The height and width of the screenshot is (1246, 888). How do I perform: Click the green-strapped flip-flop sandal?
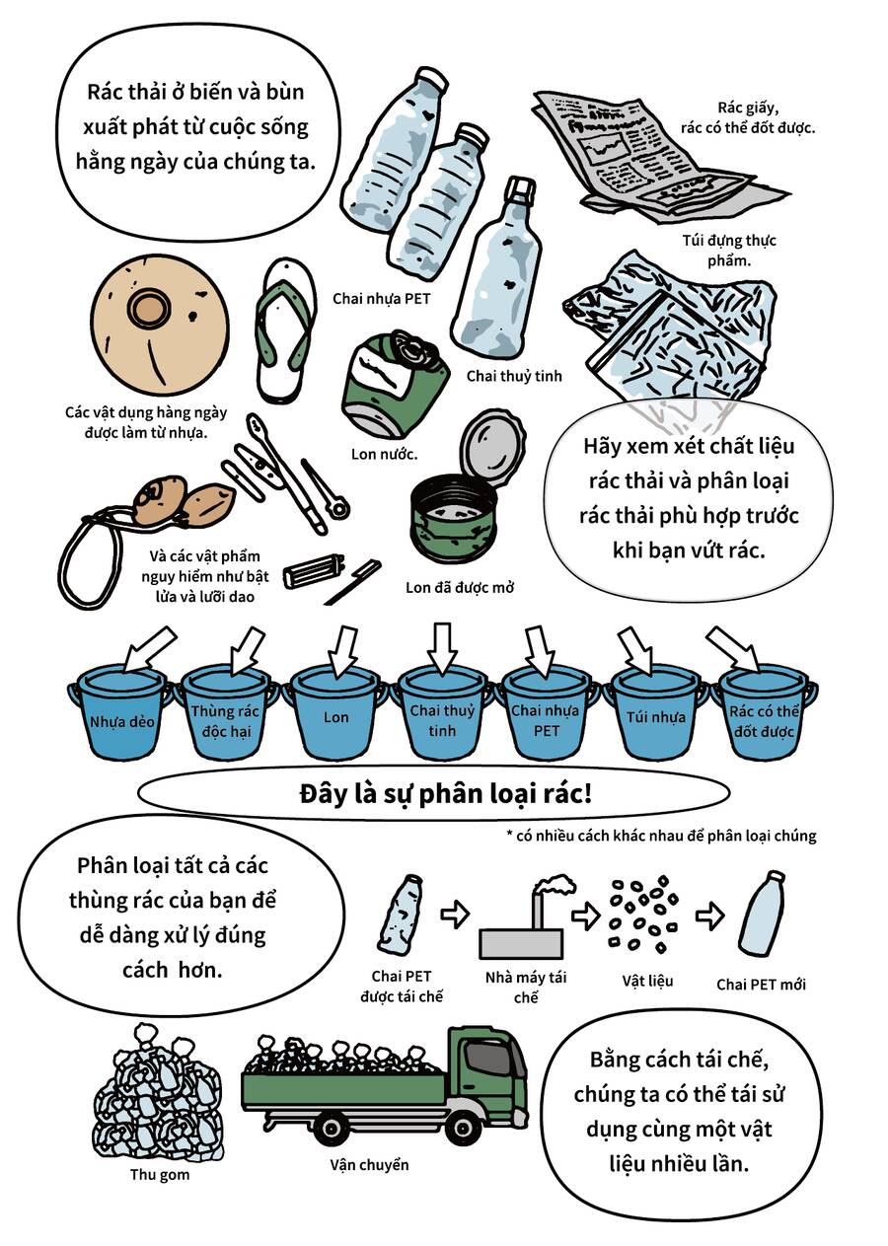pos(285,330)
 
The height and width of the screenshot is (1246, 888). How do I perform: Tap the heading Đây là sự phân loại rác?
pos(446,794)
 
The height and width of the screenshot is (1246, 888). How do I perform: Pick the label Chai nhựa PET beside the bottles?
pos(382,299)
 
